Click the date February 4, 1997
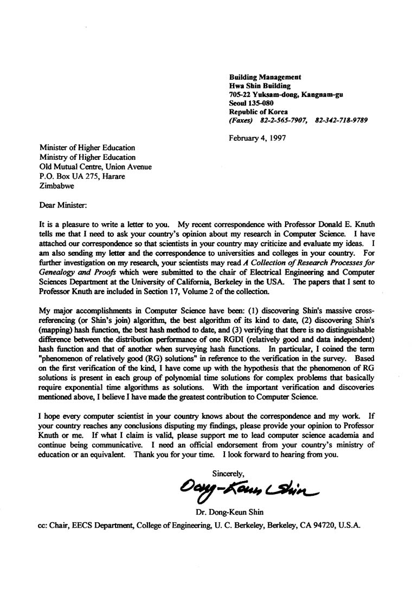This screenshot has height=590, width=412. click(257, 138)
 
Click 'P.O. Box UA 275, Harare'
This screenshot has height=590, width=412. click(78, 176)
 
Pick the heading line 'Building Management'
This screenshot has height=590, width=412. click(265, 77)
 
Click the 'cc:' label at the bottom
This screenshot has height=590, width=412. click(44, 525)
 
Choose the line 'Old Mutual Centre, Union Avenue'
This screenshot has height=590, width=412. click(95, 167)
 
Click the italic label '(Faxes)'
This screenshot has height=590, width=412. click(242, 120)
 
